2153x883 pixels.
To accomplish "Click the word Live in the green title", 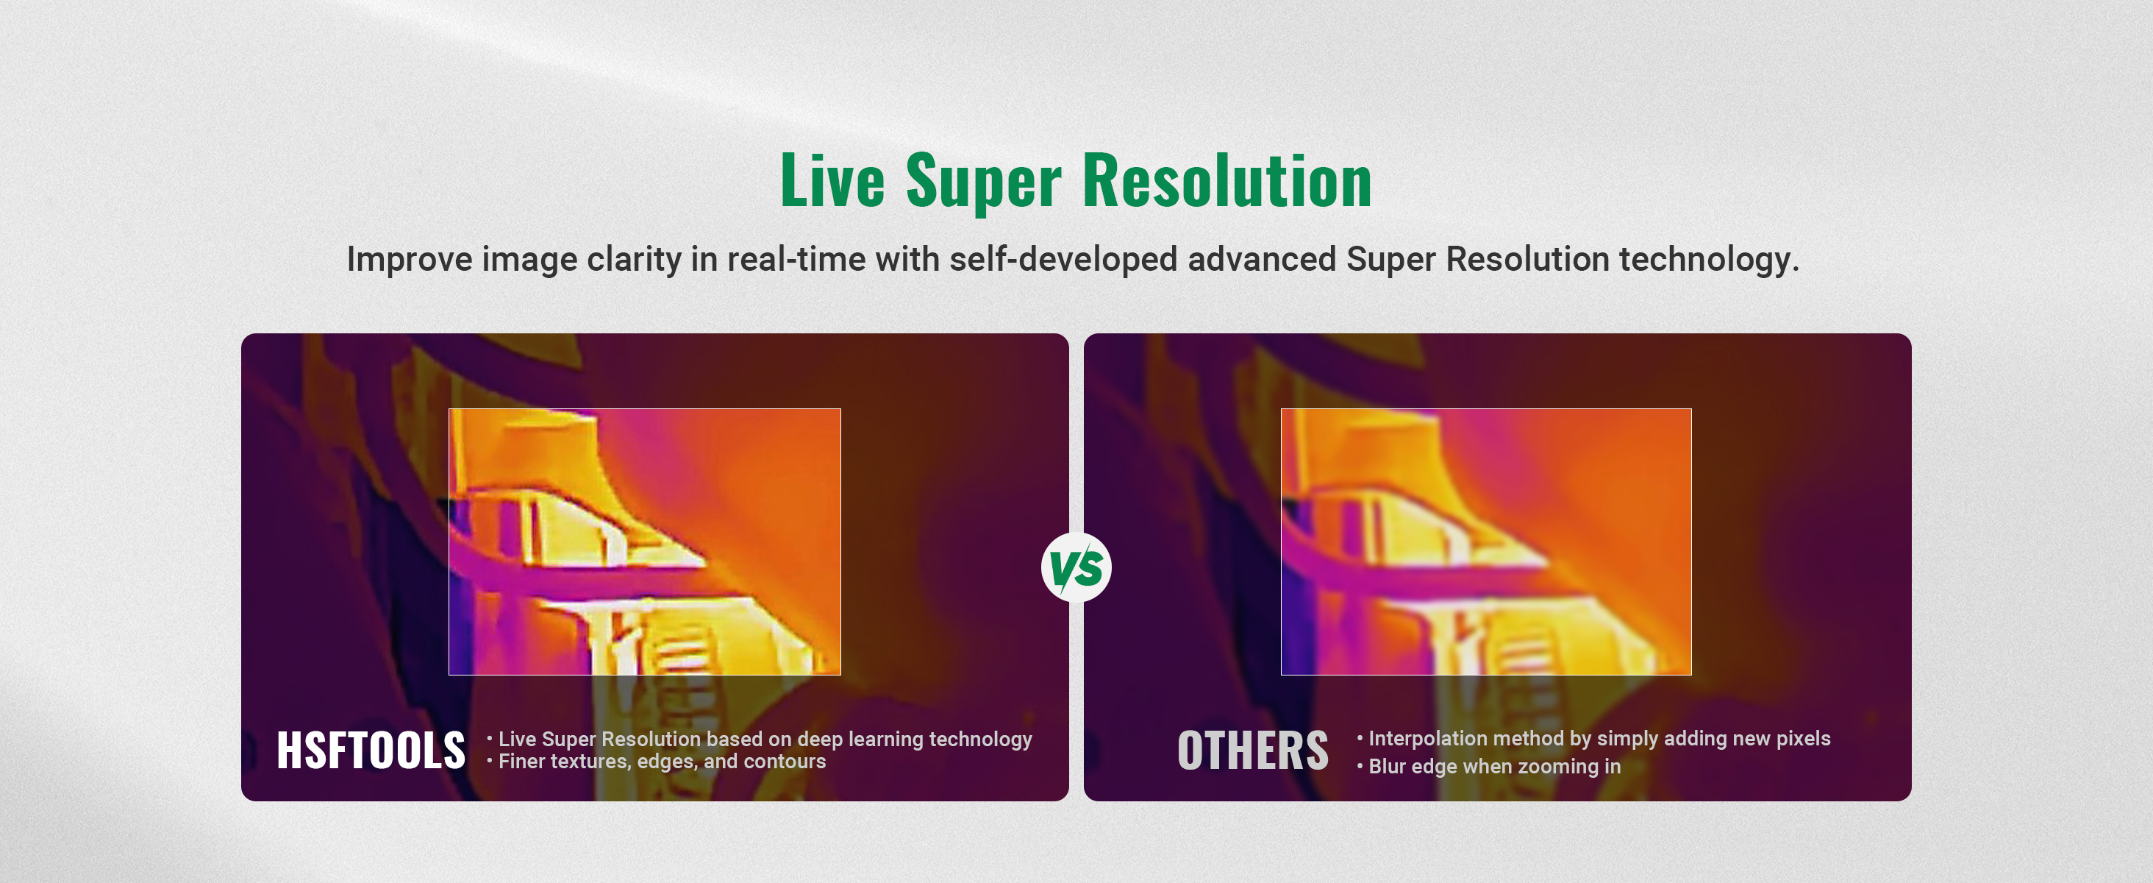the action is tap(832, 180).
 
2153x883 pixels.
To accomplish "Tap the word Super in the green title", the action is tap(984, 182).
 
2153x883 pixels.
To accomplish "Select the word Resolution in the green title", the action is tap(1228, 180).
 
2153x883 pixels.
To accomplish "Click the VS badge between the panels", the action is tap(1076, 568).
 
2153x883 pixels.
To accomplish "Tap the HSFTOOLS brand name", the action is tap(371, 750).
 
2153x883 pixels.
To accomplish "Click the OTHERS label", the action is tap(1253, 750).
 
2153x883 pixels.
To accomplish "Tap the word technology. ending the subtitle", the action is tap(1709, 260).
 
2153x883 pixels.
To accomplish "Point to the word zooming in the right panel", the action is tap(1558, 767).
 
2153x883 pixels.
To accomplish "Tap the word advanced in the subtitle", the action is tap(1262, 259).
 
